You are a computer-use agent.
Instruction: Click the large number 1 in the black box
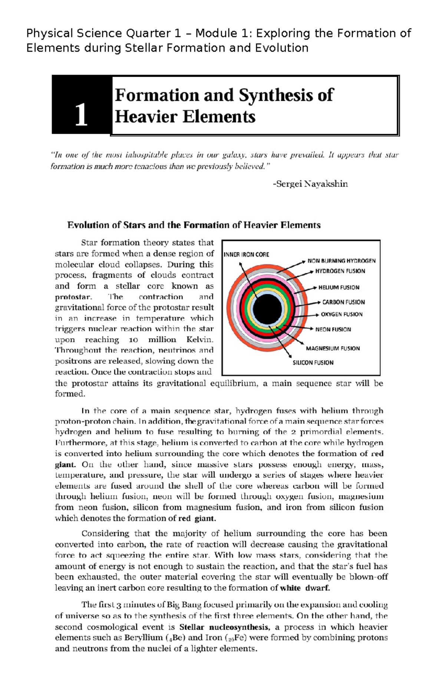point(81,115)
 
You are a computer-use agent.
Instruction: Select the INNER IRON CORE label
point(246,255)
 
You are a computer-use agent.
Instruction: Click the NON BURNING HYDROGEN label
point(341,261)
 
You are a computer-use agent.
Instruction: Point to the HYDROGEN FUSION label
point(340,271)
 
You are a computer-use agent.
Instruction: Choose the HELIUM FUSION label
point(339,288)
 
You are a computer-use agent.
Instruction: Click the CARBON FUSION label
point(343,302)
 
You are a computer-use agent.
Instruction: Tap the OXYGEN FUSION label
point(341,315)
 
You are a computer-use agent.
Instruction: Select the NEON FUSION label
point(333,329)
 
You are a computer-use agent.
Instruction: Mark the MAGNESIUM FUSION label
point(333,348)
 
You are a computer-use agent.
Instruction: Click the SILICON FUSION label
point(313,363)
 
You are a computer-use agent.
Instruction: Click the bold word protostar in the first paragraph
point(73,297)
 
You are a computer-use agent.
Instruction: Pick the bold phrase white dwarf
point(304,588)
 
